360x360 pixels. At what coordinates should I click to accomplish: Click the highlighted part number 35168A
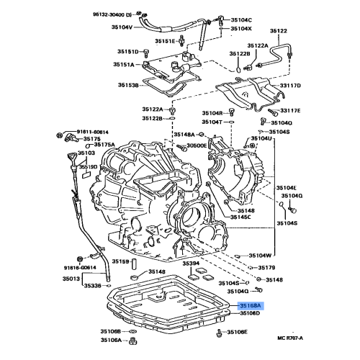249,305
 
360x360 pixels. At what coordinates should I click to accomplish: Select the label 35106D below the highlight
249,314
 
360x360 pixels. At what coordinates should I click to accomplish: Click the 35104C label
240,19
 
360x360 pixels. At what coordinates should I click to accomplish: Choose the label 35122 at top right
278,31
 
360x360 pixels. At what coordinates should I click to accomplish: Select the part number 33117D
291,86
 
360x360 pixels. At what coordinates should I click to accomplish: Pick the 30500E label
197,145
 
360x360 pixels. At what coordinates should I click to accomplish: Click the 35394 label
191,264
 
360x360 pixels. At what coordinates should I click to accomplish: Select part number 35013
71,278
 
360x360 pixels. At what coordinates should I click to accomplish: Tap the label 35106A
111,340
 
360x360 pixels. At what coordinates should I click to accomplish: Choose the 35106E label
237,332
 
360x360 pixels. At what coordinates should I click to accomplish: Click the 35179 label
266,267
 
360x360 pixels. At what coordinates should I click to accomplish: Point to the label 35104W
260,255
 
